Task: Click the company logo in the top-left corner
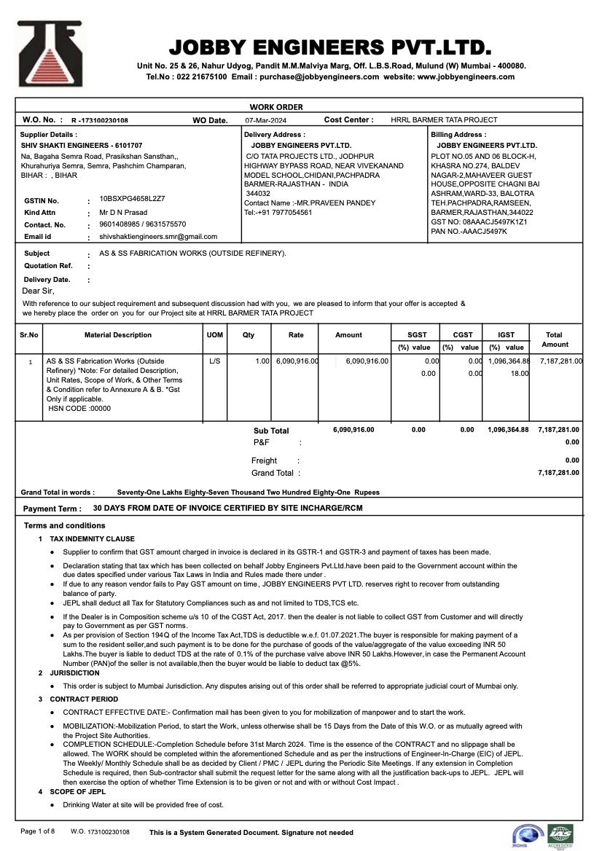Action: coord(50,55)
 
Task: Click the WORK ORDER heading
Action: coord(276,107)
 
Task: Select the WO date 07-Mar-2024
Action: coord(266,120)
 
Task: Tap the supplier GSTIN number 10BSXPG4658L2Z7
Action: coord(132,198)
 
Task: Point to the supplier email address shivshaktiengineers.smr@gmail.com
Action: coord(158,237)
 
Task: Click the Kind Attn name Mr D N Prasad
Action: coord(123,212)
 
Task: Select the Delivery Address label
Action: coord(275,135)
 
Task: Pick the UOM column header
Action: coord(214,335)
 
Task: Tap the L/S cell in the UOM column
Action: coord(214,361)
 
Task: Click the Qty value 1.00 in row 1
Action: coord(262,361)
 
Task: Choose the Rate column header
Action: coord(296,335)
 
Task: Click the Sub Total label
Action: coord(271,431)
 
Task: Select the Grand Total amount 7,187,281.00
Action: coord(558,473)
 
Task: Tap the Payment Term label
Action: coord(52,509)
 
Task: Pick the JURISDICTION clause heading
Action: coord(74,673)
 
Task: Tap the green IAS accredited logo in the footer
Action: coord(560,835)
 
